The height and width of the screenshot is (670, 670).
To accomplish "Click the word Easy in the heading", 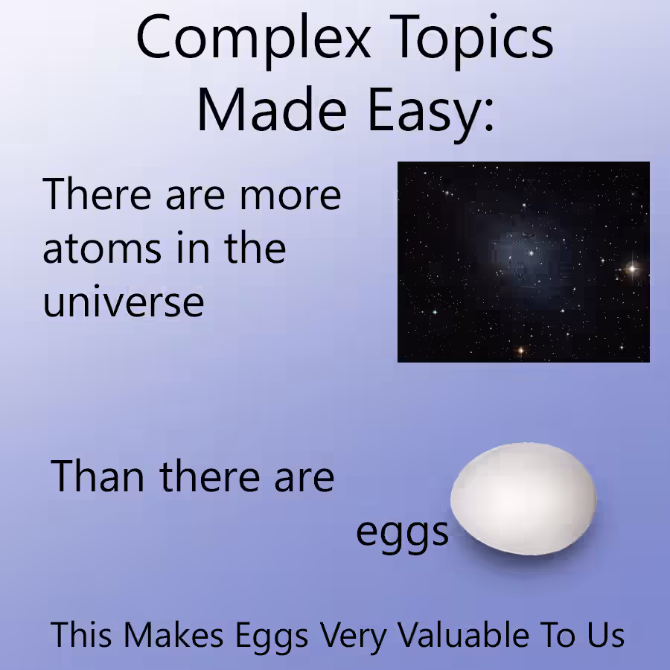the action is point(426,114).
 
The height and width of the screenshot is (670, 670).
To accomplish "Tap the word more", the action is point(290,197).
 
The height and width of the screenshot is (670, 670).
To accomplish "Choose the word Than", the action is point(97,476).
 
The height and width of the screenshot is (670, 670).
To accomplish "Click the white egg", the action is point(523,499).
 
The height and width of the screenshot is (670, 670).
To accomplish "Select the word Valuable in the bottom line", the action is point(464,634).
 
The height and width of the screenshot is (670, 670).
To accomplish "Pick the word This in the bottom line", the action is point(81,635).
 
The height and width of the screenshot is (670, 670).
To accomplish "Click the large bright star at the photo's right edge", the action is point(632,269).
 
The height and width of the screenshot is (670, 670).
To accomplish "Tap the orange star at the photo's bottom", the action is point(521,351).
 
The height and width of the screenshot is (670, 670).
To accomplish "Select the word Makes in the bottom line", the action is point(173,635).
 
